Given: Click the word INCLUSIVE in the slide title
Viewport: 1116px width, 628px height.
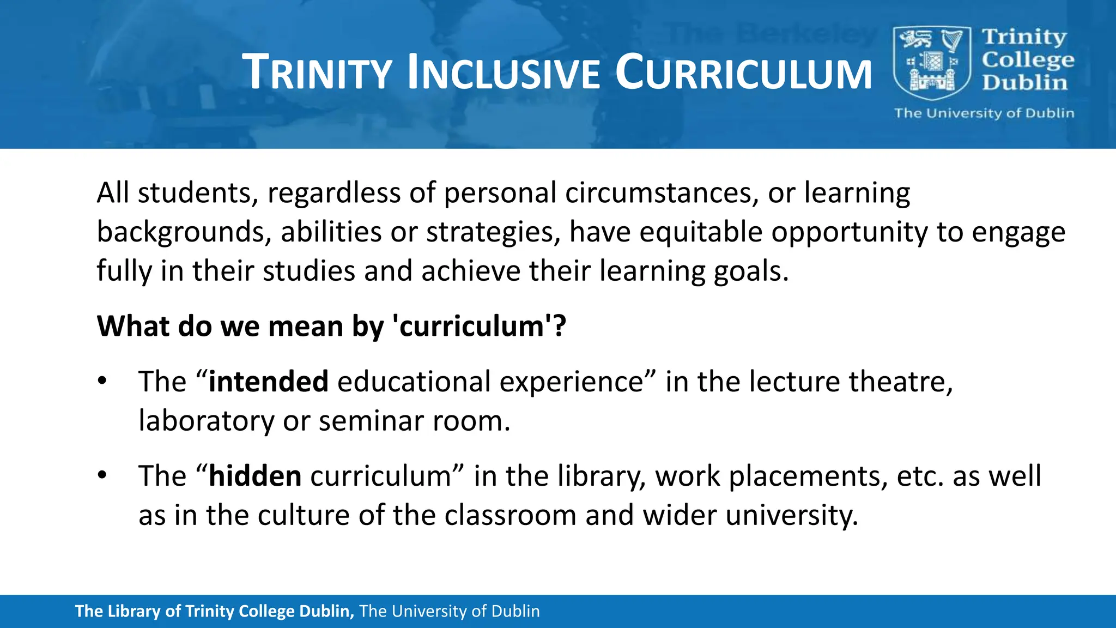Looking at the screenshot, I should pos(504,73).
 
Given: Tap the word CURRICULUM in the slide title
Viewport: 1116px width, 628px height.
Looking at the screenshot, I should pos(744,73).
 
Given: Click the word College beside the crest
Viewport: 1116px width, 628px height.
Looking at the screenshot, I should pos(1028,60).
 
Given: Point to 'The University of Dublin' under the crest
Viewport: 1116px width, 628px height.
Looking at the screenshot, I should pos(984,113).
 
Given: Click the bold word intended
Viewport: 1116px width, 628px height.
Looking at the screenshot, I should pos(268,381).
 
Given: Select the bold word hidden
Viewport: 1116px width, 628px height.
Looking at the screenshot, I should pos(255,475).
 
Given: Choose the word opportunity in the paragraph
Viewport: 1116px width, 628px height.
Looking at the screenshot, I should pos(849,232).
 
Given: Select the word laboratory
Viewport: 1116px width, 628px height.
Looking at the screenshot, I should pos(206,421).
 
